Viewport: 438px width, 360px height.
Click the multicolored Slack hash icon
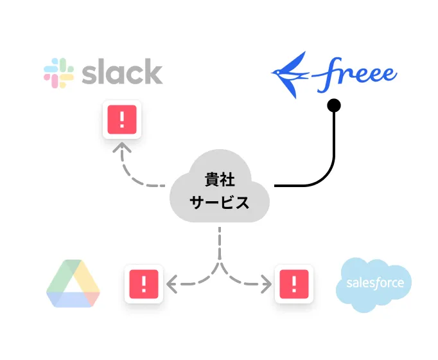click(x=58, y=73)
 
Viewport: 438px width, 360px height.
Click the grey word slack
click(x=122, y=72)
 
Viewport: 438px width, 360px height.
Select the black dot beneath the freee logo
click(x=333, y=105)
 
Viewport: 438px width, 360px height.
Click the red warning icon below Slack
click(x=121, y=120)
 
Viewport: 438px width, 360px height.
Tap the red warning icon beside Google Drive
click(x=143, y=283)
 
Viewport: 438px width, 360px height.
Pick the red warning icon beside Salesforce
click(x=294, y=283)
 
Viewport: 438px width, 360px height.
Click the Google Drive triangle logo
click(x=73, y=283)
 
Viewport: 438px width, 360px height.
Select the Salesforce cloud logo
click(x=374, y=283)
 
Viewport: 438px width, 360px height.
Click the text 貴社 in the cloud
click(x=219, y=179)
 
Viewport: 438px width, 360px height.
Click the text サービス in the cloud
click(x=219, y=203)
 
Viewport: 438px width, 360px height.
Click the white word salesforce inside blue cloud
click(x=374, y=283)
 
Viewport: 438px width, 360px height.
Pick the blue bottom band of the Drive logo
click(x=73, y=300)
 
